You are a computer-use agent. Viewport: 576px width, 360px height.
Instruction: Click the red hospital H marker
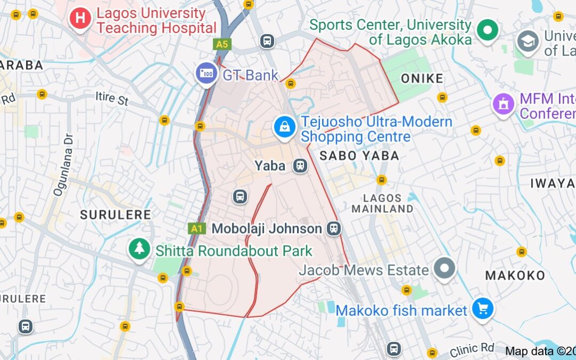point(80,18)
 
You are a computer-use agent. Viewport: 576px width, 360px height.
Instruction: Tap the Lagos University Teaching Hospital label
point(156,21)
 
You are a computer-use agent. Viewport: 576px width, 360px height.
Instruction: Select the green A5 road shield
point(222,44)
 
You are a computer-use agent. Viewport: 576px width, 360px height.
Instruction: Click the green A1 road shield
point(197,229)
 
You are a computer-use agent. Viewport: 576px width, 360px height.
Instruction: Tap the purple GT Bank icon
point(206,73)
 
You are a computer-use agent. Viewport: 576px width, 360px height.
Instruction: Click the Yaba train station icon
point(300,166)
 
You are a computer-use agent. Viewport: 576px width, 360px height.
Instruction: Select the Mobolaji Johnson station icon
point(334,229)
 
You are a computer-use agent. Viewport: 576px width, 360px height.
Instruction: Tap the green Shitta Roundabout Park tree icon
point(139,249)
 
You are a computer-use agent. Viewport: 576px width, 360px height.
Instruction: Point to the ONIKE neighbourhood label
point(422,79)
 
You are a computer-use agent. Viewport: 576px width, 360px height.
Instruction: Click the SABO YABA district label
point(359,156)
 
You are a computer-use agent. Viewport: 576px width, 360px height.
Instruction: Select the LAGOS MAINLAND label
point(382,203)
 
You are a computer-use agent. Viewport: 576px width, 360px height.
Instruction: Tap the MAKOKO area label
point(515,275)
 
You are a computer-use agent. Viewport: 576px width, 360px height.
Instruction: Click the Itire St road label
point(112,99)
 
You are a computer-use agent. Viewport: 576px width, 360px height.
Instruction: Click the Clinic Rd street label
point(471,349)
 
